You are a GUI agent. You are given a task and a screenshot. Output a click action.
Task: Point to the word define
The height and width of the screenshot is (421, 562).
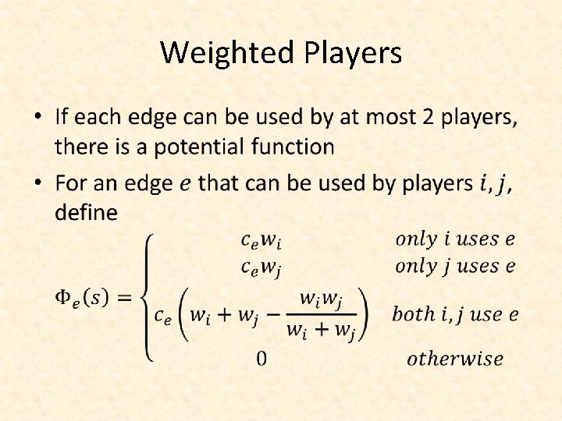pos(86,212)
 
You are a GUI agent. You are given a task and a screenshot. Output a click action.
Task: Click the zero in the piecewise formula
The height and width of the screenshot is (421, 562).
pos(261,359)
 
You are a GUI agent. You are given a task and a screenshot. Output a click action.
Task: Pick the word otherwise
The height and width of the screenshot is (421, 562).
pos(455,359)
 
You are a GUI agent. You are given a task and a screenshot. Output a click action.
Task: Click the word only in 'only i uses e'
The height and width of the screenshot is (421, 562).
pos(416,239)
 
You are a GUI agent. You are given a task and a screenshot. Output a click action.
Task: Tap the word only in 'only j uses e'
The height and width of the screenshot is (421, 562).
pos(416,266)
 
